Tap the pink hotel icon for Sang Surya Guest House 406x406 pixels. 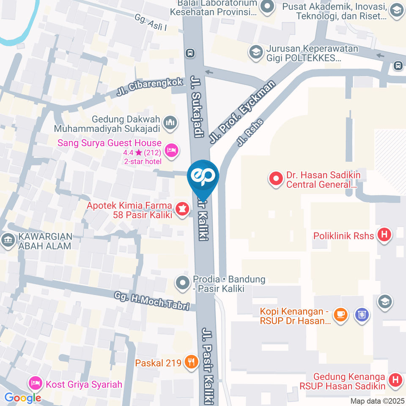click(x=171, y=150)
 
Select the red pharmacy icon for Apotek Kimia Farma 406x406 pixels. click(x=182, y=208)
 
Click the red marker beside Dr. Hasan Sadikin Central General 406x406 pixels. click(x=275, y=179)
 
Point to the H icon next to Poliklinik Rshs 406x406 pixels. click(x=384, y=235)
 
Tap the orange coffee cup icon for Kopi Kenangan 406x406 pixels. click(x=340, y=315)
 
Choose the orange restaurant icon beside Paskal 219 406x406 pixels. click(x=192, y=362)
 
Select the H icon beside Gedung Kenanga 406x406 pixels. click(x=395, y=379)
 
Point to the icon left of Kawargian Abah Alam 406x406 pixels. click(x=8, y=240)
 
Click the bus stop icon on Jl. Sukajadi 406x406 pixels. click(x=190, y=53)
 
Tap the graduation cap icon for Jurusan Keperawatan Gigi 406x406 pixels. click(x=256, y=52)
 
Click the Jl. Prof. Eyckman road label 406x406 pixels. click(x=242, y=111)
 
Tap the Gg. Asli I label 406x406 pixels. click(x=151, y=23)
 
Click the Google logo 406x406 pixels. click(x=22, y=398)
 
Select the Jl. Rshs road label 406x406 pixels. click(x=250, y=132)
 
